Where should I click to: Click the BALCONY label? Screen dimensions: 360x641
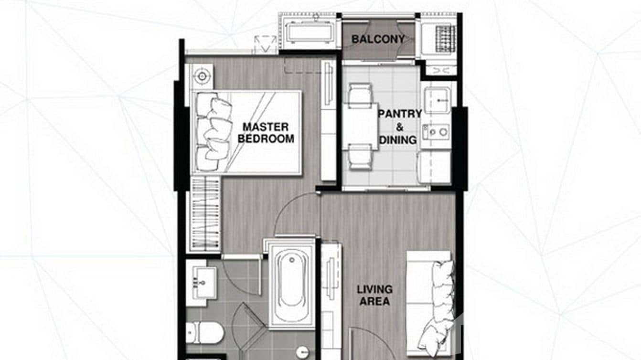[378, 40]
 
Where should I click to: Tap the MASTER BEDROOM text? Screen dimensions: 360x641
[266, 133]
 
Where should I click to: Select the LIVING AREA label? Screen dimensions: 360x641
[375, 295]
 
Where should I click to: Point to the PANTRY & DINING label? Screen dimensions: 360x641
[400, 127]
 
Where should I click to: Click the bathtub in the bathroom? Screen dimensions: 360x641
[291, 284]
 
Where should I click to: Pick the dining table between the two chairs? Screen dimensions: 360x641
[360, 126]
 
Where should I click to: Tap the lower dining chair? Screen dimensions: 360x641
[360, 157]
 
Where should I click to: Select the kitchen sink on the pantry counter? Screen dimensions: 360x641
[437, 100]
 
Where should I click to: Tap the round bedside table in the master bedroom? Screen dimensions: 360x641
[202, 76]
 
